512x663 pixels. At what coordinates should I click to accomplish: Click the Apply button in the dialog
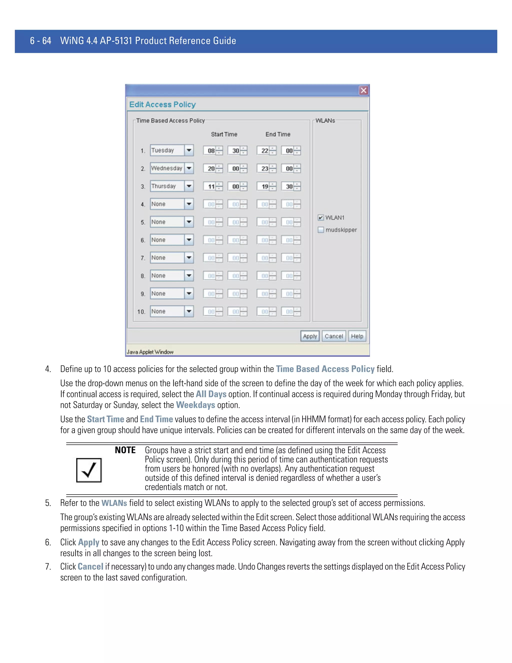tap(310, 336)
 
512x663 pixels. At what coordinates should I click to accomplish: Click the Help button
tap(357, 336)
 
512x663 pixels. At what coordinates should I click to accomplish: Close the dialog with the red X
tap(363, 91)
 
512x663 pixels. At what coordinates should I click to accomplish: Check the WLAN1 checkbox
tap(320, 218)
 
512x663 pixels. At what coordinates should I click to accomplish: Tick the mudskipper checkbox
tap(320, 230)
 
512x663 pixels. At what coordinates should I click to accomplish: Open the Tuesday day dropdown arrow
tap(189, 150)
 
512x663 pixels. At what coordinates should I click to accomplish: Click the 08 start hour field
tap(211, 151)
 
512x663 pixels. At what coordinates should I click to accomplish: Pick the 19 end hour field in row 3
tap(264, 186)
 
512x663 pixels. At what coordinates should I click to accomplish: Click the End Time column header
tap(278, 134)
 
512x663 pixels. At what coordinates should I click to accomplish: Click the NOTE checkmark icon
tap(88, 470)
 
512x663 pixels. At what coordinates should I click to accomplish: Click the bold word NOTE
tap(125, 450)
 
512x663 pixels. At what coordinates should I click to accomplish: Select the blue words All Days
tap(211, 394)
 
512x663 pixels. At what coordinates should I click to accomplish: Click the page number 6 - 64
tap(41, 41)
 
